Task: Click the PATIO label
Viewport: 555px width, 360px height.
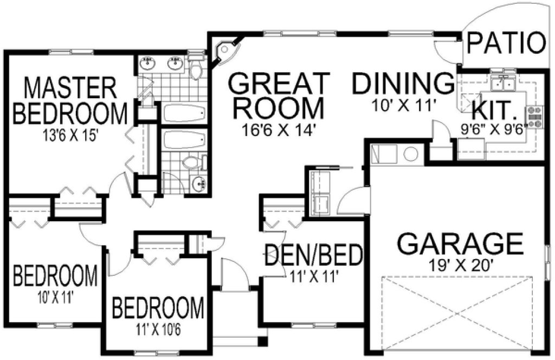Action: [x=506, y=44]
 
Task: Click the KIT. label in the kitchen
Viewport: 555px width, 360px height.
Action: [x=493, y=110]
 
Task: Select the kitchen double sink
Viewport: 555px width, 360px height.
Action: [x=503, y=84]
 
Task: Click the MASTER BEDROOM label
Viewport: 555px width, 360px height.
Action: [x=70, y=101]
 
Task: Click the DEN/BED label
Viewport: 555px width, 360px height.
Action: [x=313, y=255]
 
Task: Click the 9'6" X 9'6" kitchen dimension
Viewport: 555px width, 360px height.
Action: [x=494, y=130]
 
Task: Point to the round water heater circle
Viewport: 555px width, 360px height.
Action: [x=410, y=154]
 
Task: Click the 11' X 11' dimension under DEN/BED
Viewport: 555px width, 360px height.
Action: [x=313, y=275]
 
